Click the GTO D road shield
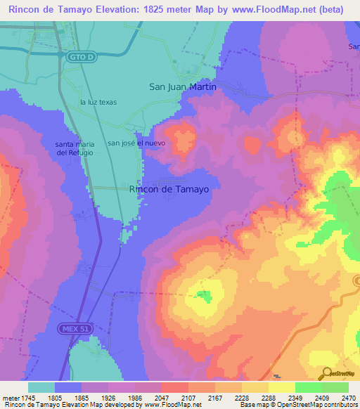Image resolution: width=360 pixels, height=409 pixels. point(82,58)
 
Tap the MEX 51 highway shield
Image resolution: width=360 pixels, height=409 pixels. point(70,328)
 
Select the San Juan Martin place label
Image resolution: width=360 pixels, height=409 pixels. point(183,86)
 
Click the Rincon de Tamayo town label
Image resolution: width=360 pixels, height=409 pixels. point(169,188)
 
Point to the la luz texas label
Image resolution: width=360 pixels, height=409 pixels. point(98,102)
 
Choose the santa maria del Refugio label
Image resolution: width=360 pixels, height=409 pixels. point(75,148)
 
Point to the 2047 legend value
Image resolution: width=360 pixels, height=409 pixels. point(162,397)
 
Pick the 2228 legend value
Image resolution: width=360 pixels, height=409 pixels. point(240,397)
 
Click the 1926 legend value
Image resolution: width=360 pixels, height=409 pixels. point(109,397)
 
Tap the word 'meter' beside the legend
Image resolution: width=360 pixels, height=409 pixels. point(12,397)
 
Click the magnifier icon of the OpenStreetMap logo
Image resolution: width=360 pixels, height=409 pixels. point(326,372)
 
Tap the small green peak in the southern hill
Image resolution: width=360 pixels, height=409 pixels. point(203,296)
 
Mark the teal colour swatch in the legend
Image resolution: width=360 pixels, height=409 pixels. point(41,387)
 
